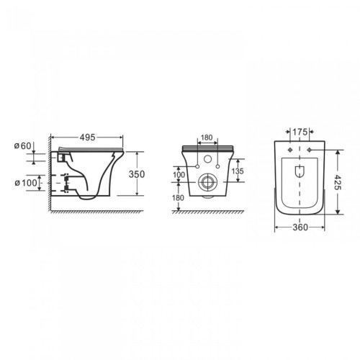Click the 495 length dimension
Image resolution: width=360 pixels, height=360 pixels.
coord(88,138)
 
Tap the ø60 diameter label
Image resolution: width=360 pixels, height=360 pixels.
coord(22,145)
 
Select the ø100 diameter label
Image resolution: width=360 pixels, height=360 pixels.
coord(26,183)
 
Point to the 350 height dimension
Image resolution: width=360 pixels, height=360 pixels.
coord(137,174)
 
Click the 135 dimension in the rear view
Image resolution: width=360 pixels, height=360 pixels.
coord(238,171)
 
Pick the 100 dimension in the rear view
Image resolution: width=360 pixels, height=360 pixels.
coord(179,175)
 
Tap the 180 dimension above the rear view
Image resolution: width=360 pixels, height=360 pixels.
coord(207,138)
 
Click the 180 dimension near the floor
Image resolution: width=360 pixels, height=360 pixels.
coord(178,198)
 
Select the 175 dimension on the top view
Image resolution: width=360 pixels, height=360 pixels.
coord(300,132)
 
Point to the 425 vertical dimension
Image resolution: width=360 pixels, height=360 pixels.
coord(338,182)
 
